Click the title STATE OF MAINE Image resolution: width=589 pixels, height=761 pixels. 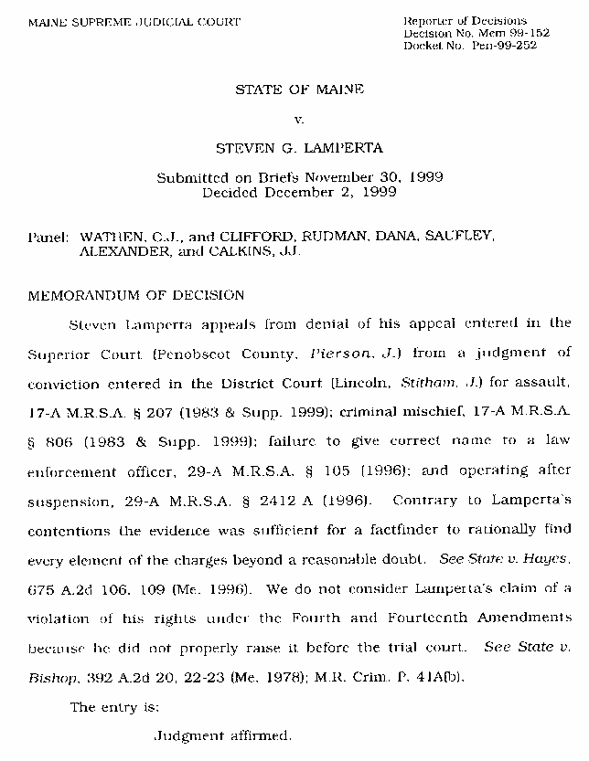point(300,90)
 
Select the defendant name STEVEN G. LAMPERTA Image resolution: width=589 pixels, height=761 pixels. point(300,147)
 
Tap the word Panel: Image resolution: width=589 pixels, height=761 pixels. point(48,236)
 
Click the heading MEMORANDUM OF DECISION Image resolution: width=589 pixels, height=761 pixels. point(136,296)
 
